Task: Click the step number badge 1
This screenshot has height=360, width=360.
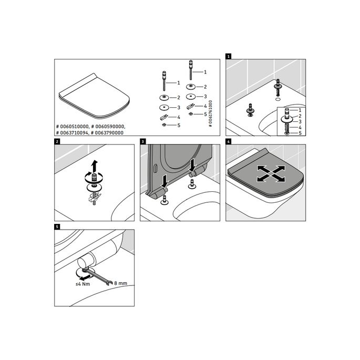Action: (x=228, y=56)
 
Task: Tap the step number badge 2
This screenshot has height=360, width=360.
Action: (x=57, y=141)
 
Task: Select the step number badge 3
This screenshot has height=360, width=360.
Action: (x=142, y=141)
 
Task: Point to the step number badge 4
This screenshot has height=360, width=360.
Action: (x=228, y=141)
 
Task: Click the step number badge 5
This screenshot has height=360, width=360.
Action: (x=57, y=227)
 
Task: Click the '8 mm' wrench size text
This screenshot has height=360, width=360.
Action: (x=120, y=283)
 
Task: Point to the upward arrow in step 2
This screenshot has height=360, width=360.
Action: (x=94, y=166)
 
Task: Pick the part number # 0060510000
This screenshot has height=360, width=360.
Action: (x=73, y=127)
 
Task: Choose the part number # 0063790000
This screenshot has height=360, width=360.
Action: (x=108, y=132)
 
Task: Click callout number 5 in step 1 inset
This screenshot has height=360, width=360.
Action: (x=300, y=133)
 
